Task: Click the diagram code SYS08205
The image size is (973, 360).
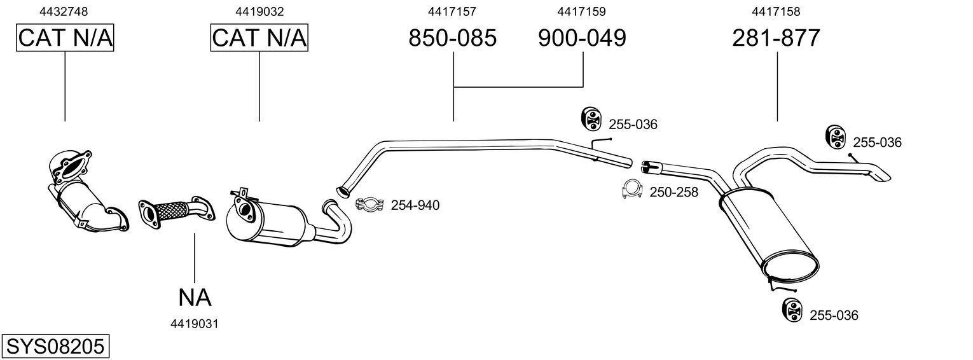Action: tap(55, 347)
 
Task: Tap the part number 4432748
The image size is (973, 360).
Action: tap(64, 11)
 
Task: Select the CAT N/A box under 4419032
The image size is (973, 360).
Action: tap(259, 38)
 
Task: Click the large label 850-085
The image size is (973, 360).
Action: tap(452, 38)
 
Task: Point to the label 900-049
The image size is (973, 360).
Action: tap(582, 38)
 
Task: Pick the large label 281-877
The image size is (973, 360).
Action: tap(776, 38)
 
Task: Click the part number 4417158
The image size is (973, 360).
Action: tap(776, 11)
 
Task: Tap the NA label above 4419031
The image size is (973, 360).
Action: tap(195, 296)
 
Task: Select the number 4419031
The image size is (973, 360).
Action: tap(195, 324)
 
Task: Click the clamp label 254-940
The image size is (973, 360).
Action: tap(415, 205)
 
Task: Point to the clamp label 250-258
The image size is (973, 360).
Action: tap(674, 192)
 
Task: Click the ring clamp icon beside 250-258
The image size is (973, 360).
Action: tap(632, 190)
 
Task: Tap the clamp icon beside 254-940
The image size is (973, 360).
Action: tap(368, 204)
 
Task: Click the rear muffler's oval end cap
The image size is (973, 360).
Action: tap(790, 268)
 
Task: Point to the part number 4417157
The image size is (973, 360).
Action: tap(452, 11)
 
